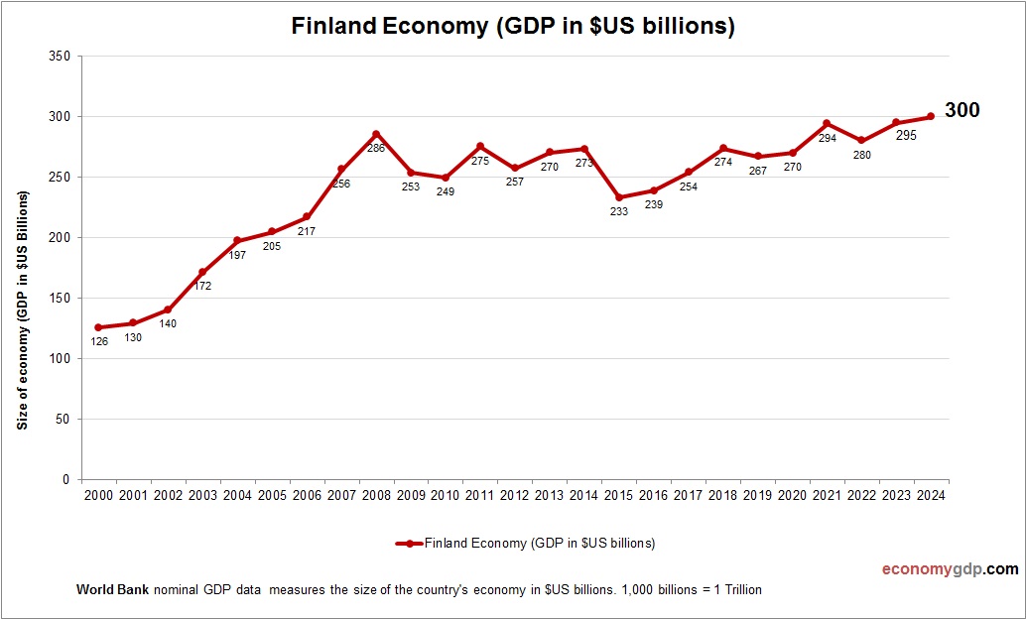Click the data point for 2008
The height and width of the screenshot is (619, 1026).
point(376,134)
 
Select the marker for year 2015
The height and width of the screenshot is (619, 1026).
point(619,197)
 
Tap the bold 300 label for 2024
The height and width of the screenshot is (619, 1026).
point(962,110)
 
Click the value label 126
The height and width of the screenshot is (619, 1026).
point(99,342)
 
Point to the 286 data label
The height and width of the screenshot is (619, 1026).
point(376,149)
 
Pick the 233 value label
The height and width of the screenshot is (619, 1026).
point(619,211)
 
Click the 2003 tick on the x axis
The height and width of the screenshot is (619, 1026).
point(202,495)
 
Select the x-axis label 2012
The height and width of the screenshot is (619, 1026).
point(515,495)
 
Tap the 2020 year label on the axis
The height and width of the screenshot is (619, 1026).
point(792,495)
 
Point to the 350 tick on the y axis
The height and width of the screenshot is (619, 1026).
point(60,57)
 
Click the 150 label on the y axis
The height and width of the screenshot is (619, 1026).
point(60,298)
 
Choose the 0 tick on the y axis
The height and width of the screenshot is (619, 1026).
point(65,479)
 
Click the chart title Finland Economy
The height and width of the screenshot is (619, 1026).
point(513,27)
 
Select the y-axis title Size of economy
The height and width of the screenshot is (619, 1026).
point(22,309)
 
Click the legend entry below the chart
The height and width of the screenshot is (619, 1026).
point(526,543)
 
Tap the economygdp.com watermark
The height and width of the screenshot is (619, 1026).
point(950,569)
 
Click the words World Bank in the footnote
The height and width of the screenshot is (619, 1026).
point(112,589)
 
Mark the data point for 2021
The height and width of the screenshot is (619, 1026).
point(827,124)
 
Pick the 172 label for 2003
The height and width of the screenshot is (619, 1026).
point(202,286)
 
